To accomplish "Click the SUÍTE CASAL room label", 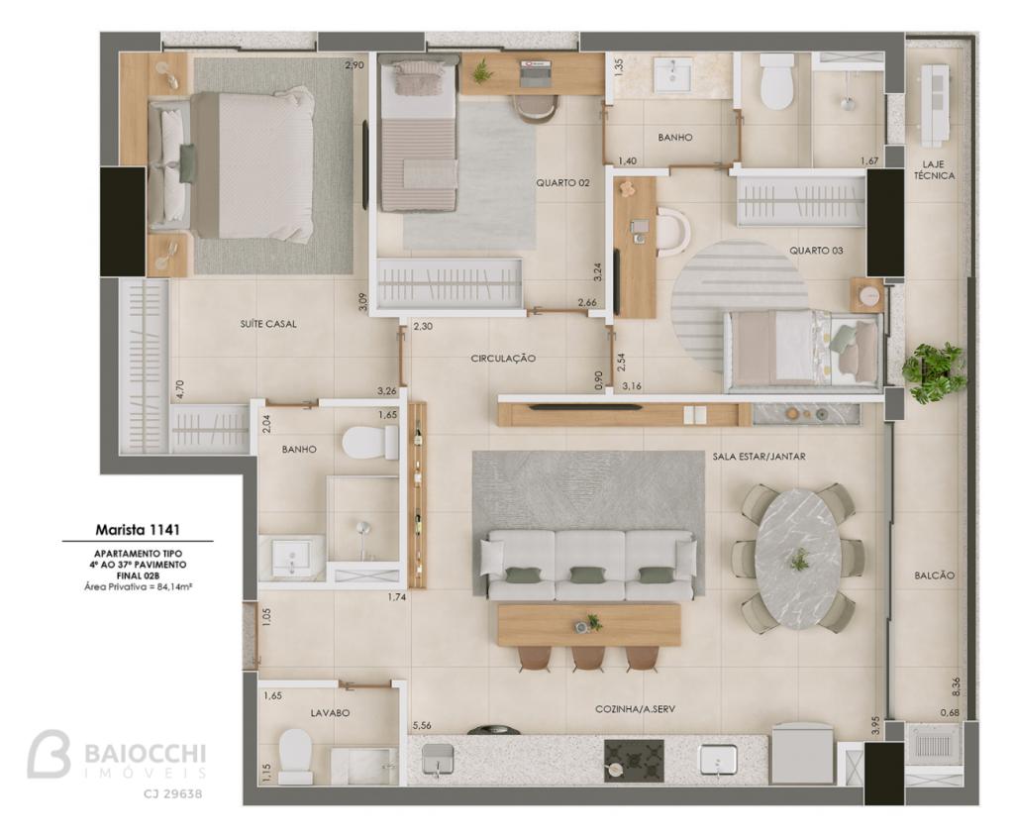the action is [267, 324].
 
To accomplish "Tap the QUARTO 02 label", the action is [562, 183].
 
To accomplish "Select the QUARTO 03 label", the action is [816, 251].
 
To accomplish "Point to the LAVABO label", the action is [330, 712].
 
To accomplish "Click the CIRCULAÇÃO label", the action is [503, 358].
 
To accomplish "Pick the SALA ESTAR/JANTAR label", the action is [760, 457].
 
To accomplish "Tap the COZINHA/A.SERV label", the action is [635, 709].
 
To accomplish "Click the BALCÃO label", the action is [935, 576].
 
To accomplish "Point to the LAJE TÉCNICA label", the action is [934, 169].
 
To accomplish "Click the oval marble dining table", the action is [800, 558].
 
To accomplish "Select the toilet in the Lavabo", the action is [295, 757].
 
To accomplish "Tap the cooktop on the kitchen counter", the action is [634, 760].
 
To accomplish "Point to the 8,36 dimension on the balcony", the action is [956, 686].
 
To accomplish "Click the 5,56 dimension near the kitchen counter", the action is [421, 725].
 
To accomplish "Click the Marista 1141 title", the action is [138, 529].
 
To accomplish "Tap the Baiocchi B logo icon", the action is [49, 753].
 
